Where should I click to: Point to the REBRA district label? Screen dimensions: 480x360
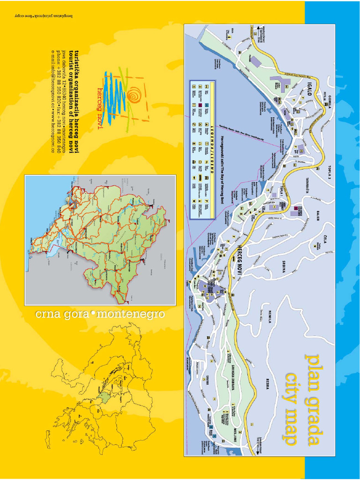coord(268,383)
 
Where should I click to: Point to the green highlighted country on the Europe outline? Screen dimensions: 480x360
coord(105,398)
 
